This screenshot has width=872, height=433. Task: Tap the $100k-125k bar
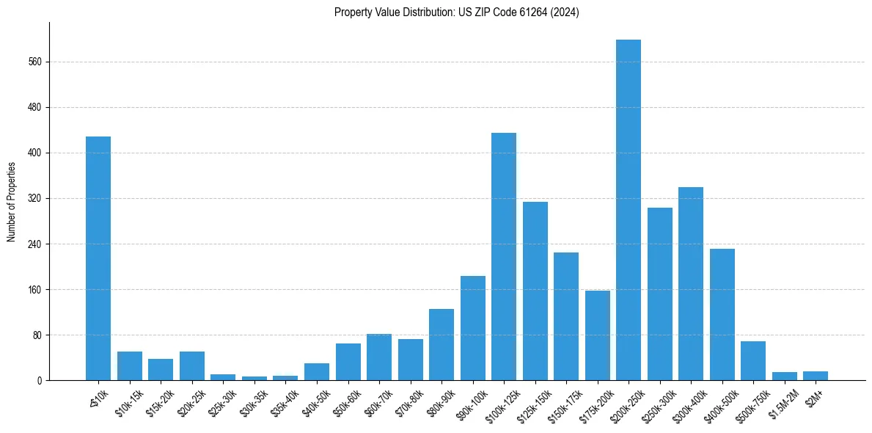click(x=504, y=256)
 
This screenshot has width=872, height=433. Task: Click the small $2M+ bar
click(x=816, y=376)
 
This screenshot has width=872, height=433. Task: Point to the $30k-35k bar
click(x=254, y=378)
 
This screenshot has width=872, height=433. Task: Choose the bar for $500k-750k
click(x=753, y=360)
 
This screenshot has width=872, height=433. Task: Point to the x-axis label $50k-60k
click(x=345, y=403)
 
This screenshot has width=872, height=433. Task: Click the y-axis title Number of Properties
click(x=11, y=201)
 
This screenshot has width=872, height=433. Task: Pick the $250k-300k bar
click(x=659, y=294)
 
